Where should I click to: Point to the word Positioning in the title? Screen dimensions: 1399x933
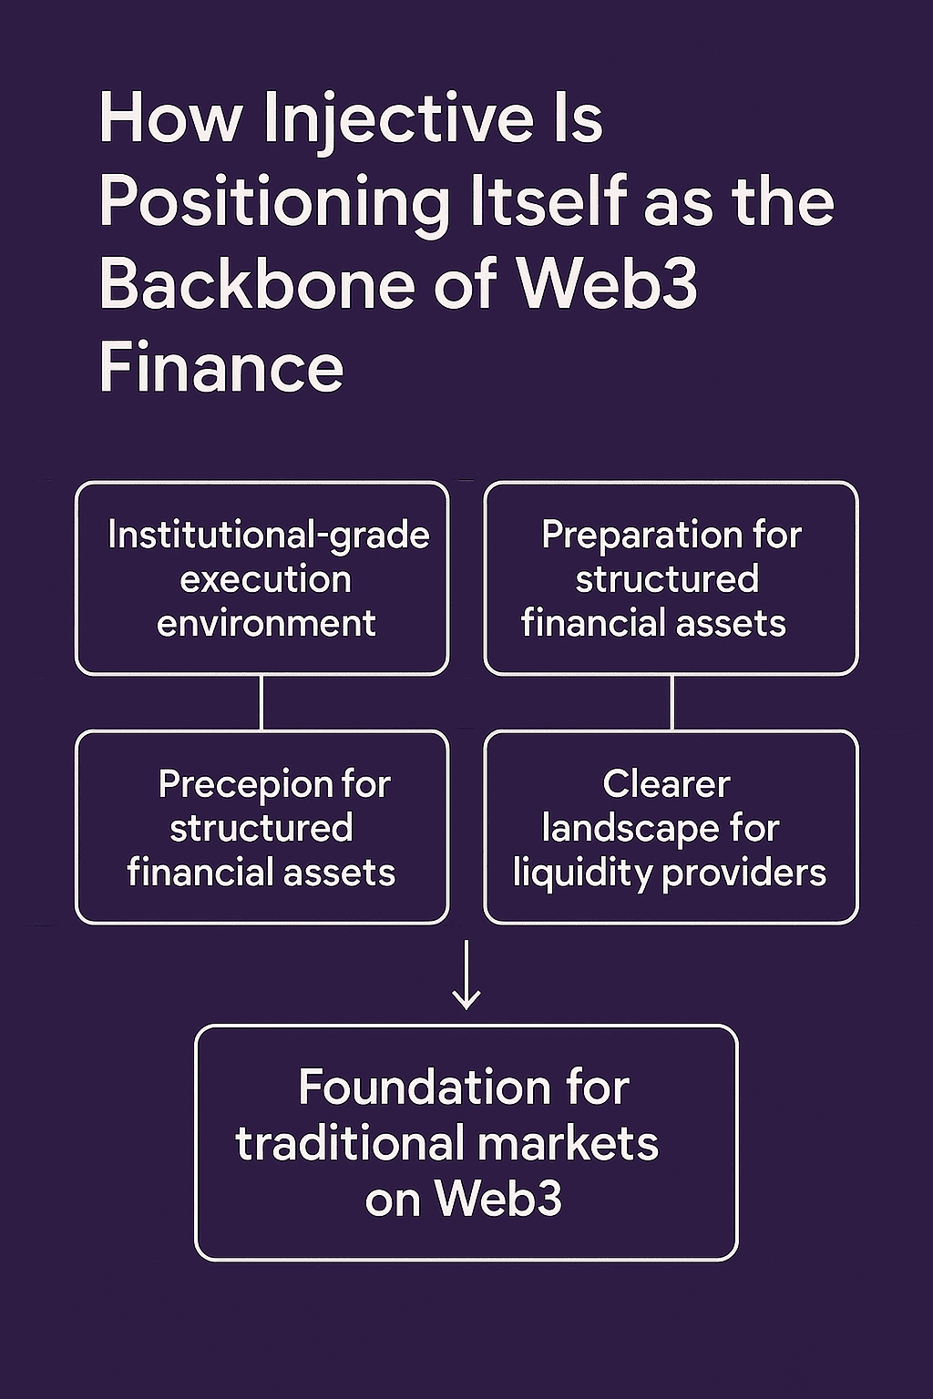click(274, 201)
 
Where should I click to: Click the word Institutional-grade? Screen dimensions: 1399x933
click(268, 535)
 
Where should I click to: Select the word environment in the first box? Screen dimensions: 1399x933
click(266, 624)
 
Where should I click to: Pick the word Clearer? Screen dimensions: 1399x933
click(666, 784)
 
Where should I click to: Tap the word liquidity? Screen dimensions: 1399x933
click(582, 873)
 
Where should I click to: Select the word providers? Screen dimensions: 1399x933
click(744, 873)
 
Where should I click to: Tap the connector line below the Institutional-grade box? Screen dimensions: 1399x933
click(261, 702)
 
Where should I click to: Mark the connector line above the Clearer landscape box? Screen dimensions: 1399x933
click(672, 702)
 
